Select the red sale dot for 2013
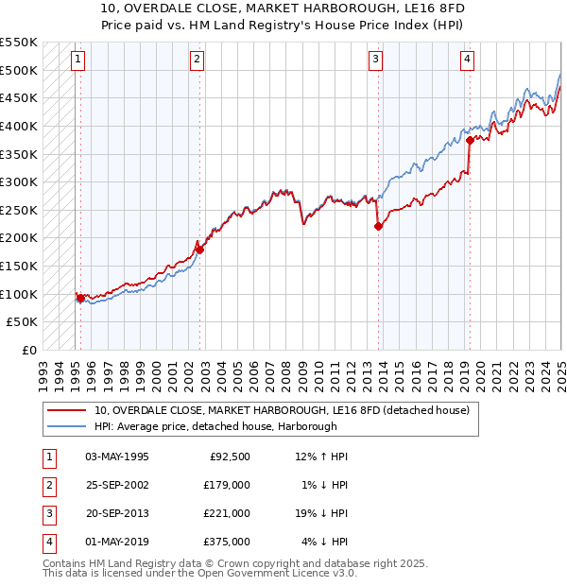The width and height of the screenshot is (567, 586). click(378, 226)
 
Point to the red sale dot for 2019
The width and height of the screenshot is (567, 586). click(470, 140)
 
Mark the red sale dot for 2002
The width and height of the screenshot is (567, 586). click(200, 250)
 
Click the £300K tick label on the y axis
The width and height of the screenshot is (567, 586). click(20, 181)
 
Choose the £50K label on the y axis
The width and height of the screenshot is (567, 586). click(24, 322)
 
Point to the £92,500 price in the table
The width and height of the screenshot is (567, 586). click(230, 457)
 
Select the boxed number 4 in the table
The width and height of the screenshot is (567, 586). click(47, 542)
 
